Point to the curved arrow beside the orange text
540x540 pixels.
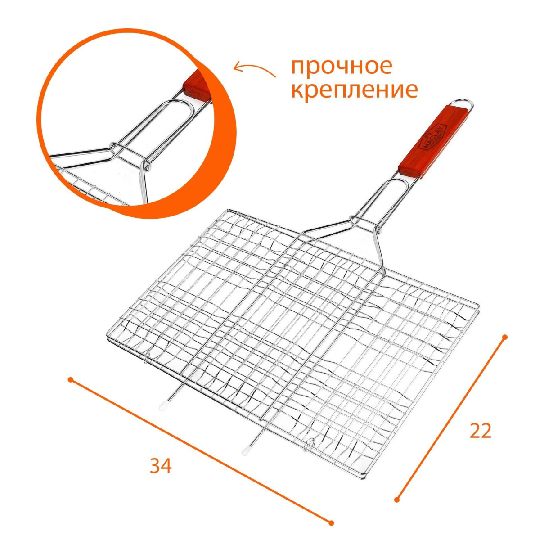(x=254, y=69)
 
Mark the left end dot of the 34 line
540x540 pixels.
(x=71, y=379)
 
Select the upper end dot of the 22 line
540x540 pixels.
(x=505, y=337)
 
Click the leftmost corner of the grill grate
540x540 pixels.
(x=107, y=337)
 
